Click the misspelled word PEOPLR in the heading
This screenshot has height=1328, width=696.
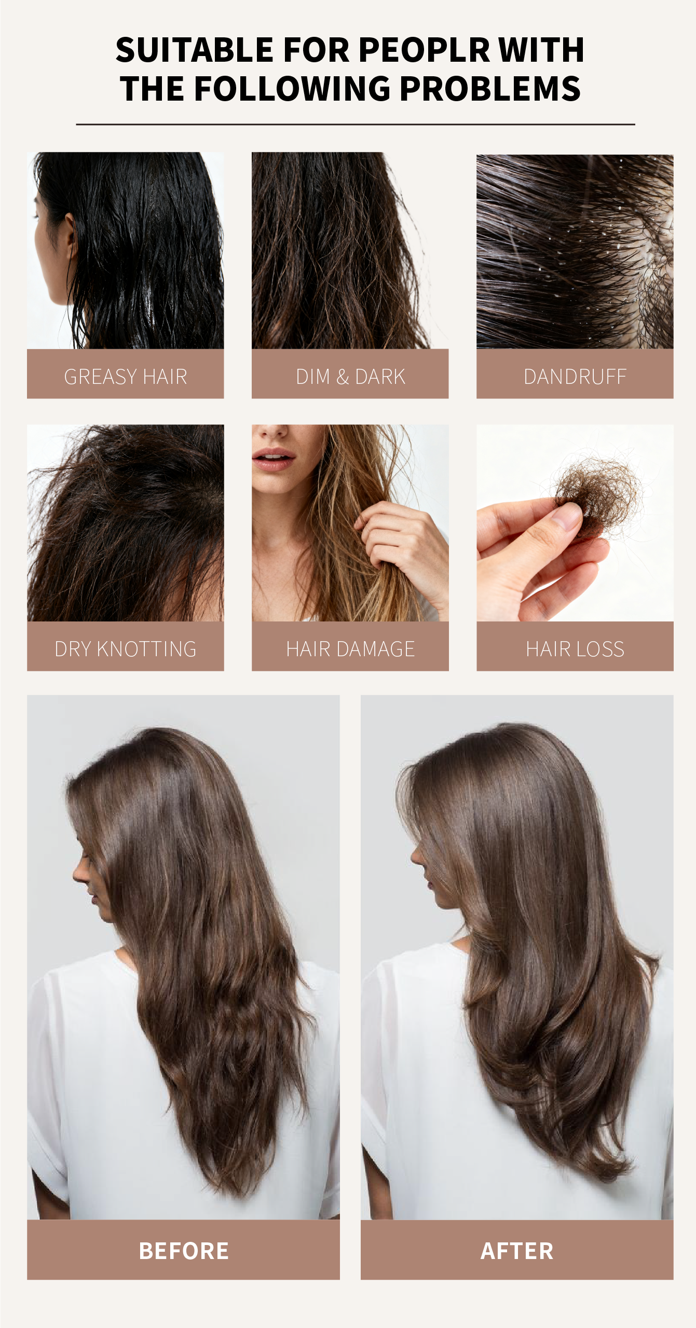click(x=424, y=50)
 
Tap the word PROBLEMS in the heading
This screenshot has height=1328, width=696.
click(x=490, y=89)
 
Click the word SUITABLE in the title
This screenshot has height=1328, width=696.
click(x=195, y=50)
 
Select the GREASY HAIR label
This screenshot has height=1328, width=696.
click(x=126, y=377)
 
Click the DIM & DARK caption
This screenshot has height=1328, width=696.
click(x=350, y=377)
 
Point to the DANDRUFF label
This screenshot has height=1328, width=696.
click(x=575, y=377)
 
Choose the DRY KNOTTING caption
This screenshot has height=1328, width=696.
click(x=126, y=649)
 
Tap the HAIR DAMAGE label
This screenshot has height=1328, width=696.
click(x=350, y=649)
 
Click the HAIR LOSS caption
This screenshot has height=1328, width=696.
click(x=575, y=649)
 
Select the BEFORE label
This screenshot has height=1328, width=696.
click(x=184, y=1251)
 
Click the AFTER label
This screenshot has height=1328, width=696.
click(x=517, y=1251)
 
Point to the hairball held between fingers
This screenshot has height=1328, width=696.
click(x=598, y=496)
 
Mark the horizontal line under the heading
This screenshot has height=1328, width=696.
click(x=356, y=125)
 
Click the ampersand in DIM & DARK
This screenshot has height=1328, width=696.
click(x=343, y=377)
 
